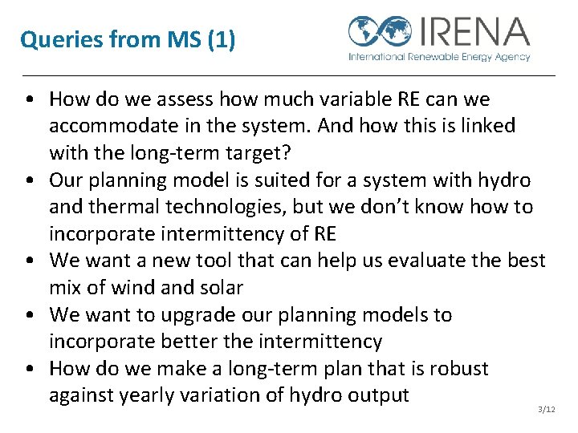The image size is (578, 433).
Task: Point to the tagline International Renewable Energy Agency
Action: coord(438,57)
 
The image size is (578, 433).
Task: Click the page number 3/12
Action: coord(546,410)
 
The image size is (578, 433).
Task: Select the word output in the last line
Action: coord(378,395)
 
